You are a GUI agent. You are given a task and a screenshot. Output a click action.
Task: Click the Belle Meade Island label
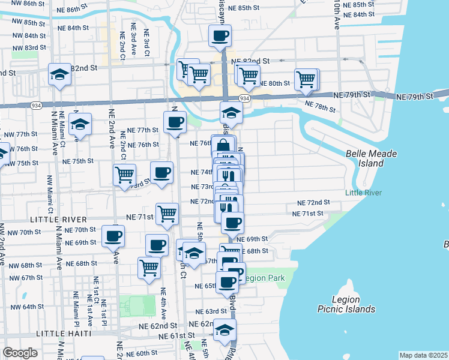[372, 158]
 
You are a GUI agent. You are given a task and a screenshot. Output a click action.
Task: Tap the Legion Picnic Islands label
[346, 304]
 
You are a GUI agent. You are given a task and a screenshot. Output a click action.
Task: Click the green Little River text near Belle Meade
[363, 193]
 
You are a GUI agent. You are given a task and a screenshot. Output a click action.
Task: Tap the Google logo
[20, 353]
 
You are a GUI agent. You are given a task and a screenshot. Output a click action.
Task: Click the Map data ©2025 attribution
[424, 355]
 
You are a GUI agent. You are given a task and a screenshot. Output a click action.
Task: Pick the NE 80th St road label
[274, 83]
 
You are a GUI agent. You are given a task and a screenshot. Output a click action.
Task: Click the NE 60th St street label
[142, 353]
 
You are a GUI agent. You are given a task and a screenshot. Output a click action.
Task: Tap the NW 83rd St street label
[31, 47]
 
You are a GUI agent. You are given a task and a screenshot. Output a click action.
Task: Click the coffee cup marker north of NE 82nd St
[220, 35]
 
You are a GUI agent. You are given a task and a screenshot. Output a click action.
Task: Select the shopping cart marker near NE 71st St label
[167, 214]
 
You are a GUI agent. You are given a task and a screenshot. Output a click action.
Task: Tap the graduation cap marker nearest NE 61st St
[224, 330]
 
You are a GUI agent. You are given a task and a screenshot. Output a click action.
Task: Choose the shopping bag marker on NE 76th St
[223, 146]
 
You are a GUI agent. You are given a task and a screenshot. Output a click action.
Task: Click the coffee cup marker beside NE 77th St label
[175, 122]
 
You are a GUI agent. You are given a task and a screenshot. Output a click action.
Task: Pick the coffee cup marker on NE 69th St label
[112, 236]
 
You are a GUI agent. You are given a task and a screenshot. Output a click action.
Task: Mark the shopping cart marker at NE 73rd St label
[124, 175]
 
